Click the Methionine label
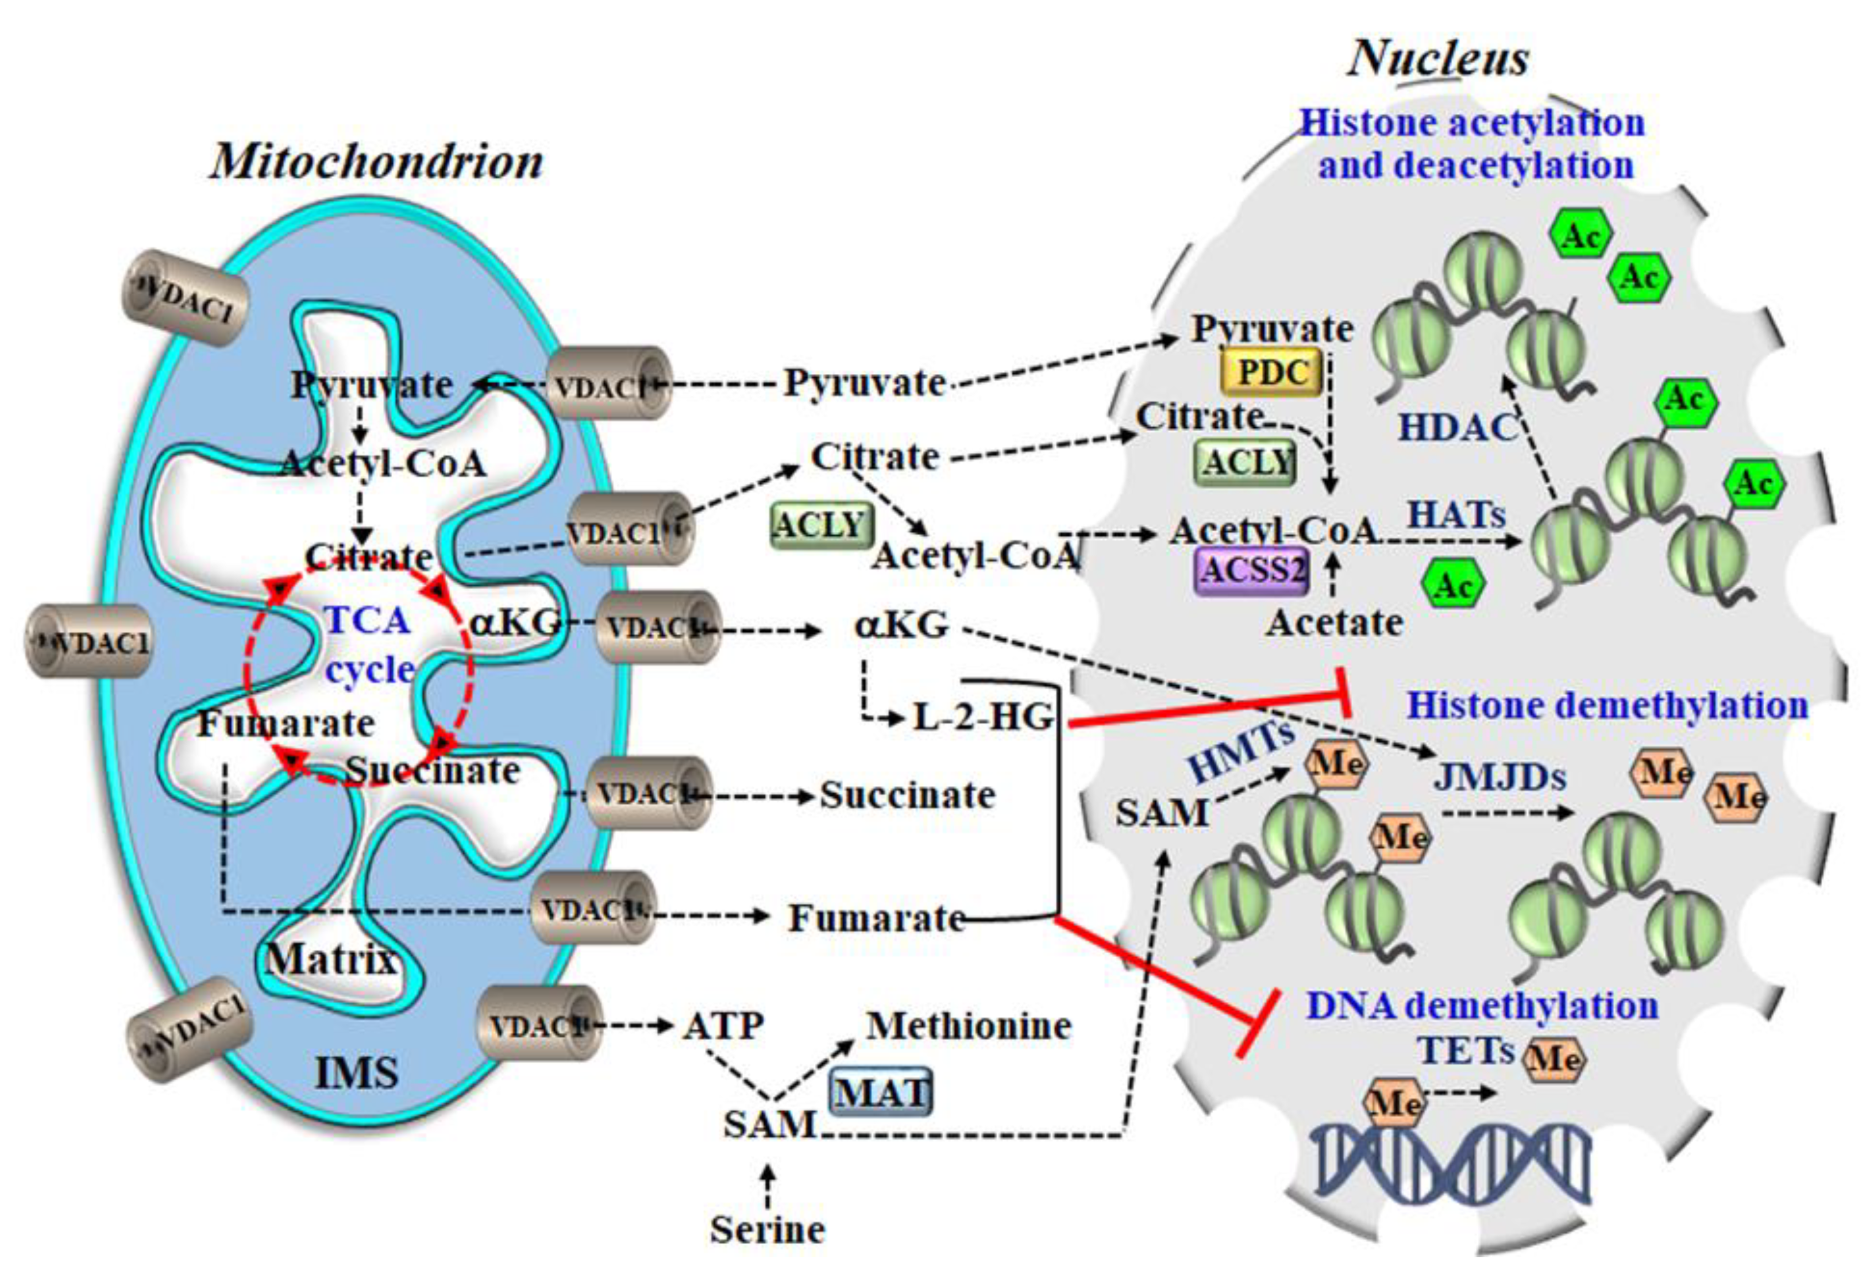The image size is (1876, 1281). [969, 1026]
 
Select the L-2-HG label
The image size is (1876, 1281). [983, 717]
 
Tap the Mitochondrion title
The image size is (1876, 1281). [377, 162]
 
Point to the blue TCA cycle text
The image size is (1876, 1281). [369, 644]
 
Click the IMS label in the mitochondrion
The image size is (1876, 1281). [356, 1074]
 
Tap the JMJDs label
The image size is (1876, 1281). [1500, 777]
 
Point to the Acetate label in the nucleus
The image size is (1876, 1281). [1334, 622]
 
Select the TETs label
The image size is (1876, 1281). [1466, 1050]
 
